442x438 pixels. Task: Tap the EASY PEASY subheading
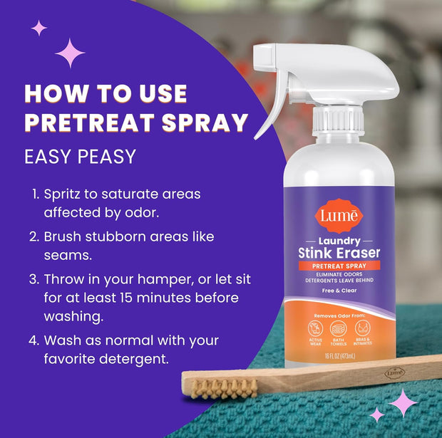click(x=80, y=156)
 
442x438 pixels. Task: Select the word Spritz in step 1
click(x=64, y=194)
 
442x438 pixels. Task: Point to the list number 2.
click(x=34, y=236)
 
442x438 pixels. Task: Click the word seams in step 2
click(x=66, y=254)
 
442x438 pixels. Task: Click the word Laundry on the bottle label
click(x=339, y=241)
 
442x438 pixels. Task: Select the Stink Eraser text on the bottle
click(x=339, y=253)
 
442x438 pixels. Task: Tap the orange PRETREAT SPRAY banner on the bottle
click(x=339, y=266)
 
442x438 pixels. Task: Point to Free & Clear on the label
click(x=339, y=291)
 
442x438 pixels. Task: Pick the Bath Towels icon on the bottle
click(x=339, y=329)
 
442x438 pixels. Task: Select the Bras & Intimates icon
click(x=364, y=329)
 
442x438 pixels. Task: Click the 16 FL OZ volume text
click(x=339, y=356)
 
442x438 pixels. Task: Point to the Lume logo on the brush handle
click(x=394, y=372)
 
